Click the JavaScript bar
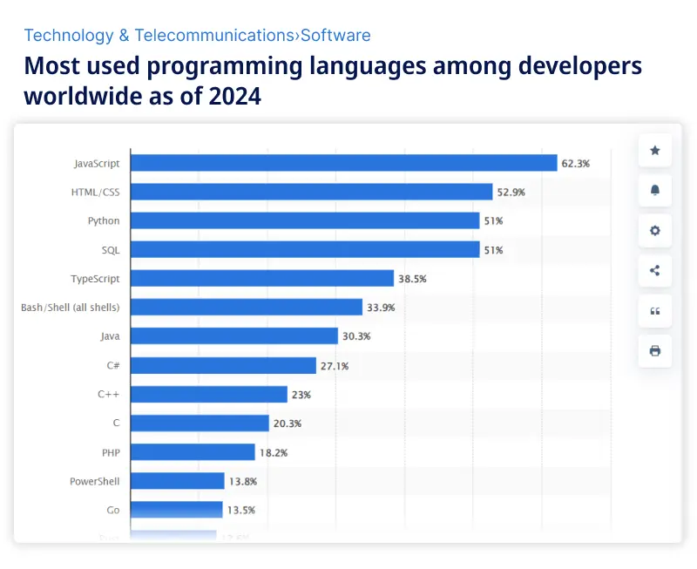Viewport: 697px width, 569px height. click(x=343, y=163)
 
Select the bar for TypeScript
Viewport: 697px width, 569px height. click(x=262, y=279)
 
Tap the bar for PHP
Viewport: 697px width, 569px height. click(x=193, y=452)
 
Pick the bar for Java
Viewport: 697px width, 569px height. click(x=234, y=336)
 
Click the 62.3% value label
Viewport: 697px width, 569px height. click(x=576, y=163)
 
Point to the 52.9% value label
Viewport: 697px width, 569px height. click(x=511, y=192)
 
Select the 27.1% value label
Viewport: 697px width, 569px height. click(x=335, y=366)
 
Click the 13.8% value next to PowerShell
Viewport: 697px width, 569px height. click(x=243, y=481)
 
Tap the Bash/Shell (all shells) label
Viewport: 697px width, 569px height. click(x=71, y=308)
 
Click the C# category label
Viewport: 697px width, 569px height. click(x=113, y=365)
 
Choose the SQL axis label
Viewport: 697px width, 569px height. click(x=111, y=250)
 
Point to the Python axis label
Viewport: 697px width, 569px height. click(x=104, y=220)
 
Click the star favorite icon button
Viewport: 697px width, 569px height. click(x=655, y=151)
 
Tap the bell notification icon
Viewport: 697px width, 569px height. click(x=655, y=190)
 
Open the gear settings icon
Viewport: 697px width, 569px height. click(x=655, y=231)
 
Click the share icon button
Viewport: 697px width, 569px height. click(x=655, y=270)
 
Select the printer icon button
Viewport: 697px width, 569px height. click(x=655, y=351)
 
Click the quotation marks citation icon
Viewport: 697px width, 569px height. click(x=655, y=311)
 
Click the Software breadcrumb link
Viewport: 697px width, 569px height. click(x=335, y=36)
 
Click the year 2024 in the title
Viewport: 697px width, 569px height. click(x=234, y=96)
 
